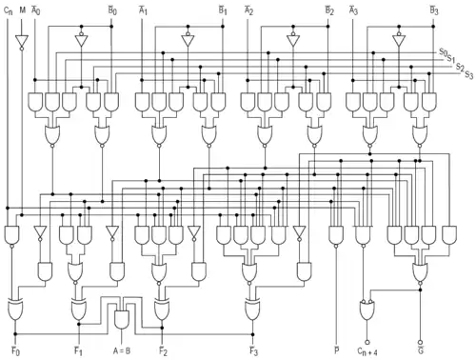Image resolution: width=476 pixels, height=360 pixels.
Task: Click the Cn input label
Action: tap(9, 10)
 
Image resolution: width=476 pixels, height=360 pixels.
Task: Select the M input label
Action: tap(22, 10)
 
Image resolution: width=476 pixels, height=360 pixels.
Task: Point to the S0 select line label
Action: tap(443, 52)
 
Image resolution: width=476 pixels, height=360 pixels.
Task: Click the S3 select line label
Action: tap(469, 75)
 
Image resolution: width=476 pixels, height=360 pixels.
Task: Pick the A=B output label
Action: tap(122, 350)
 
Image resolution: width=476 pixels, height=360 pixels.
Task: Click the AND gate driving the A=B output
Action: tap(122, 320)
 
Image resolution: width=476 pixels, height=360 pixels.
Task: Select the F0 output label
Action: tap(15, 351)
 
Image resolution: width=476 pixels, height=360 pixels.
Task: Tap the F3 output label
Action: tap(253, 351)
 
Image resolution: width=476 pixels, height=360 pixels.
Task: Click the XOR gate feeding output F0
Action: tap(15, 309)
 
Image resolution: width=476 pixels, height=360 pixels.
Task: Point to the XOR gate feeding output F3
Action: tap(252, 309)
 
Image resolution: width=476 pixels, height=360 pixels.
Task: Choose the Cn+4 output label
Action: tap(367, 351)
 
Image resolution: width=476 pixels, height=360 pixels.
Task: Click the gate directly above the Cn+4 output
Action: tap(367, 310)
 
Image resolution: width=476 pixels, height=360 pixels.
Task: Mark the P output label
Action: tap(337, 350)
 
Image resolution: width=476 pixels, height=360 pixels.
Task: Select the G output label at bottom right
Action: tap(421, 350)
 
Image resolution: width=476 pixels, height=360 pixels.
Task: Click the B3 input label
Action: tap(434, 10)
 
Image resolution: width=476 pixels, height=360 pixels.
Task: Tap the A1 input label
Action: tap(143, 10)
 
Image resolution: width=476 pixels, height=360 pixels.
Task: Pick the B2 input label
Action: tap(329, 10)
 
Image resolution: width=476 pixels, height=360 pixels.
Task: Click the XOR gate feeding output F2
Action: tap(162, 309)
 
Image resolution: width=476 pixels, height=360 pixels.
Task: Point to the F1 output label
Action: tap(78, 351)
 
